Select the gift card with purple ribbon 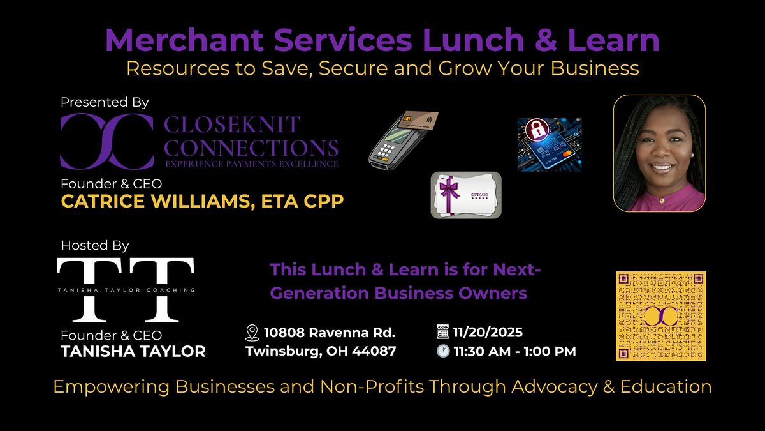point(466,195)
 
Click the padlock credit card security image point(549,144)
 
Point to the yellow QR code point(660,316)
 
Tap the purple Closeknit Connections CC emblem point(106,141)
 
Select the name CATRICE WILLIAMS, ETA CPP point(202,201)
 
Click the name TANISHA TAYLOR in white point(133,351)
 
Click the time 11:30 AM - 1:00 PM point(514,351)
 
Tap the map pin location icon point(252,333)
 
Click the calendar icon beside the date point(442,332)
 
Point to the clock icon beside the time point(442,351)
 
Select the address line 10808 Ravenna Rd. point(330,332)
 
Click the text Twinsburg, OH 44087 point(321,351)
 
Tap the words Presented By point(105,102)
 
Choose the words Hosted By point(95,245)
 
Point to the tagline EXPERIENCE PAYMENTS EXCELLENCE point(251,164)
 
